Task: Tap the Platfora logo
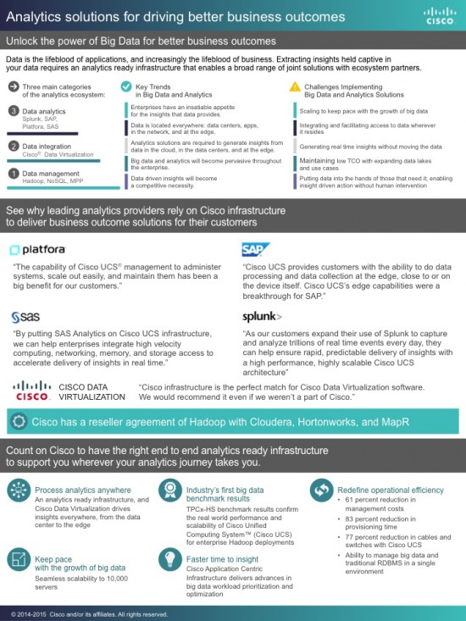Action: pos(38,249)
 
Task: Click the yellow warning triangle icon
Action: pos(295,87)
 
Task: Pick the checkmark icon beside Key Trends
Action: pos(125,87)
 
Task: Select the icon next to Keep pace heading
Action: pos(18,561)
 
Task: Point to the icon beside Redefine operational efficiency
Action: pos(320,490)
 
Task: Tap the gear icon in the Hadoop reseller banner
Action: pos(18,421)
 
